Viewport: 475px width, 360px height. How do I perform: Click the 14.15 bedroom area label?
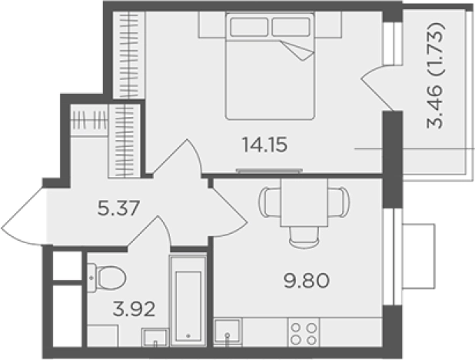(x=264, y=145)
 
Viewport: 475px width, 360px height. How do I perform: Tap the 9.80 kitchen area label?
(x=306, y=281)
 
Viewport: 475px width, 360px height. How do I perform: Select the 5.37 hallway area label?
(x=118, y=208)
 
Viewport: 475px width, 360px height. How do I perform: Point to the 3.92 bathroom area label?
(x=134, y=309)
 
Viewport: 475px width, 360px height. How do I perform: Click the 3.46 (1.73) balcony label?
(x=436, y=75)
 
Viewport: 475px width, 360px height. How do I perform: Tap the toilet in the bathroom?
(x=107, y=278)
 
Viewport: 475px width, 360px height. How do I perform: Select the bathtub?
(x=188, y=300)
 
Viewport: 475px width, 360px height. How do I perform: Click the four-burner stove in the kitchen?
(x=304, y=332)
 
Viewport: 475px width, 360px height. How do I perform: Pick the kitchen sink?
(x=228, y=332)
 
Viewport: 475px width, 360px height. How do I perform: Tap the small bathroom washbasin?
(x=155, y=337)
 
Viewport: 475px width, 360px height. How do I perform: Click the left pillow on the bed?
(x=249, y=27)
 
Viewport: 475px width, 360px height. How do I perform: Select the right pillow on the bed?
(x=291, y=27)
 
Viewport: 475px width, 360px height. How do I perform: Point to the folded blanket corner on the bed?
(x=298, y=50)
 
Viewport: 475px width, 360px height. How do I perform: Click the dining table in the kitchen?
(x=304, y=202)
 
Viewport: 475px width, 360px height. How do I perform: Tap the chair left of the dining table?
(x=269, y=202)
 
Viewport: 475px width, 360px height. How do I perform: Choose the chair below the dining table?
(x=304, y=237)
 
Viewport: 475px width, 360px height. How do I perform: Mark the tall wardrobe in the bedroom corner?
(x=129, y=55)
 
